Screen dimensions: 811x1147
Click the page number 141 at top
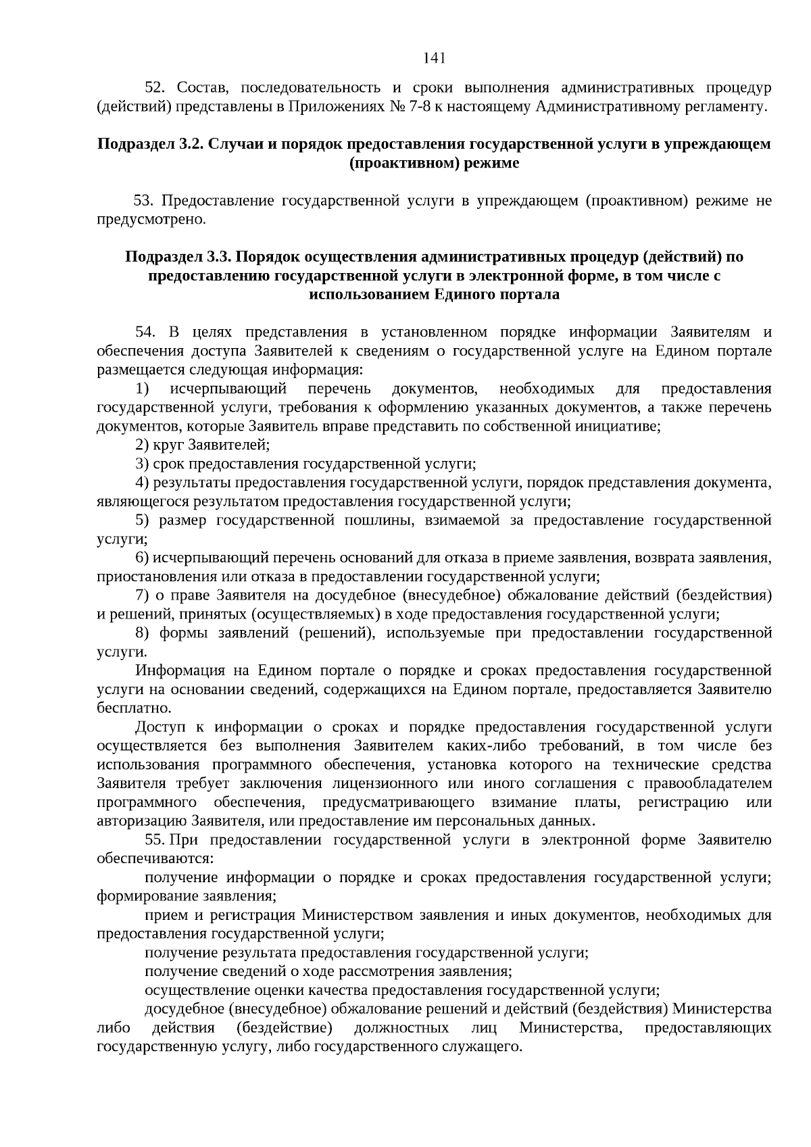pos(434,58)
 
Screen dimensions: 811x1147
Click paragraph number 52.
pos(155,88)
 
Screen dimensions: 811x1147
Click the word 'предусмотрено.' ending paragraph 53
pos(150,220)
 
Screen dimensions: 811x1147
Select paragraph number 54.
pos(146,332)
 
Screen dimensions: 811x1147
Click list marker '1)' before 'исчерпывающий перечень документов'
pos(142,389)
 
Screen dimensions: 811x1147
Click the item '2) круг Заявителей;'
pos(203,445)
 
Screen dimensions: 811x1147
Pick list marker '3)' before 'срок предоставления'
pos(141,464)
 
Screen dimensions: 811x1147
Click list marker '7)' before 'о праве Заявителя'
pos(141,595)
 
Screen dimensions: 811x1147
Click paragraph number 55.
pos(155,840)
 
